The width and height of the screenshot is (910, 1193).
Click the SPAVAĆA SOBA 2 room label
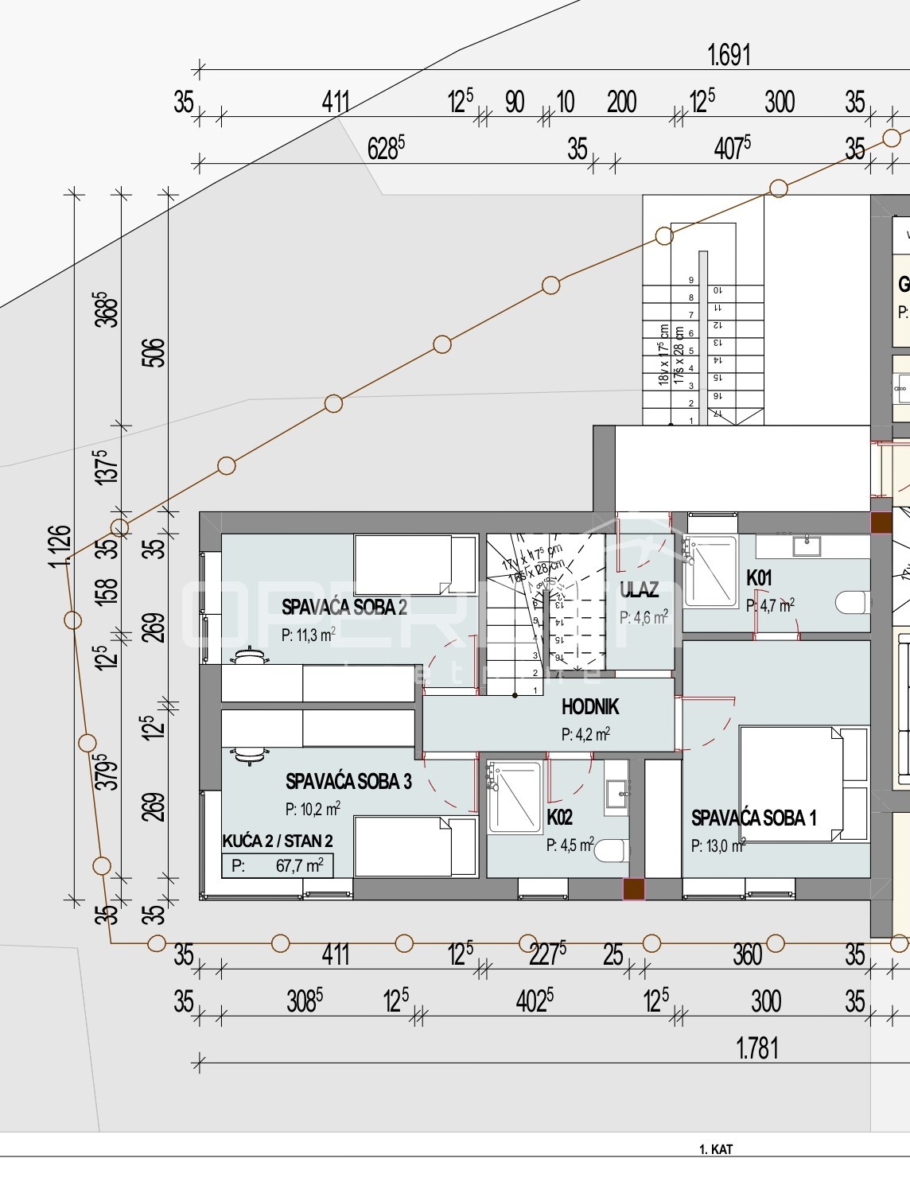[x=344, y=608]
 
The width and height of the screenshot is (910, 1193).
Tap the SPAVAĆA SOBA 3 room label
[x=348, y=781]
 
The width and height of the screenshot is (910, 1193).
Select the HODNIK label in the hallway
[x=589, y=706]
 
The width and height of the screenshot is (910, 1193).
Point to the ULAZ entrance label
[x=639, y=589]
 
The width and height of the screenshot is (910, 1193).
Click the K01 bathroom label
[x=759, y=578]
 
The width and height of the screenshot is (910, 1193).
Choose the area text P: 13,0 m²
[x=717, y=845]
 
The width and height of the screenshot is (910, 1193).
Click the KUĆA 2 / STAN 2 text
[x=277, y=841]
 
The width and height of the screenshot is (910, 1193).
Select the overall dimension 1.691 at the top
[x=728, y=56]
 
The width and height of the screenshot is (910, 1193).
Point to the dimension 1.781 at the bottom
[x=756, y=1048]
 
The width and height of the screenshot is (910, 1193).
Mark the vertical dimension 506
[x=156, y=352]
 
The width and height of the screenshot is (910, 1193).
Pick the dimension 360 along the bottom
[x=747, y=954]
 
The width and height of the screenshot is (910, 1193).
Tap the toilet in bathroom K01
[x=855, y=603]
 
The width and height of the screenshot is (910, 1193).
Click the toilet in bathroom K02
[x=611, y=851]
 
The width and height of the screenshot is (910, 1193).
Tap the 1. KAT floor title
[x=714, y=1149]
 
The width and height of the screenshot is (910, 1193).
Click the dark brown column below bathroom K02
[x=633, y=889]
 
